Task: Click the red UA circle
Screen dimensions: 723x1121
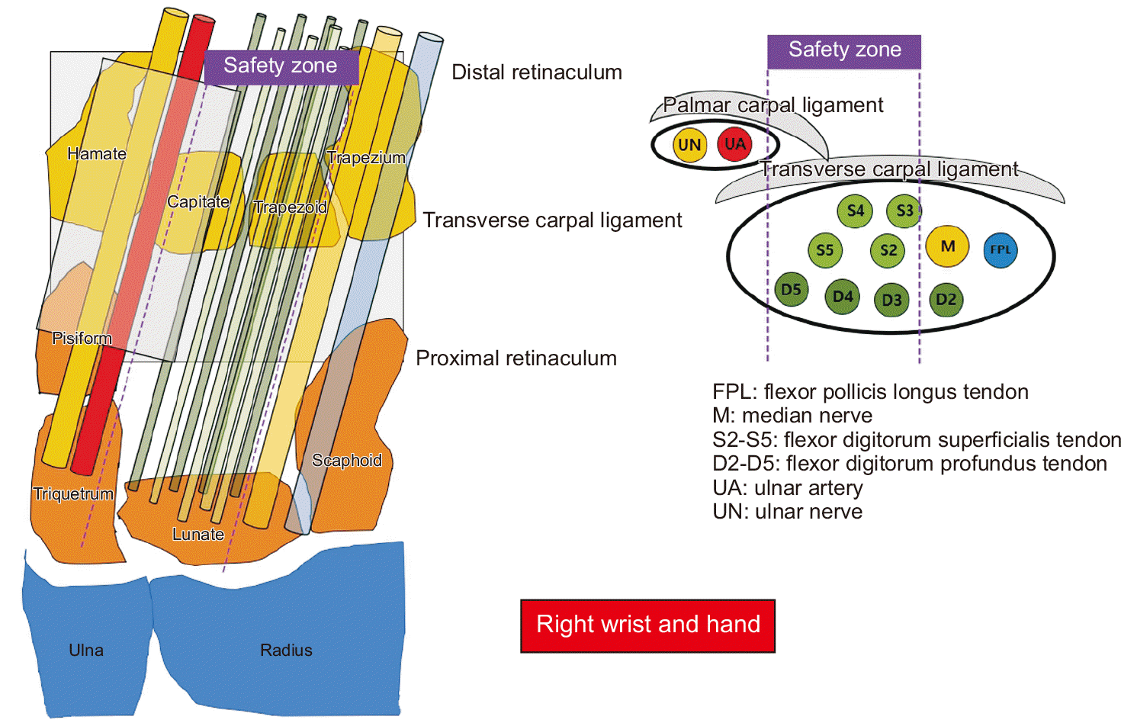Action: point(735,145)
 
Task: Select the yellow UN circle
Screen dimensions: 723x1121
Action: point(689,145)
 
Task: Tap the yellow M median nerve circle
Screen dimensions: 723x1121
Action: point(948,246)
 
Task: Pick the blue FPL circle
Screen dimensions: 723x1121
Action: point(1001,250)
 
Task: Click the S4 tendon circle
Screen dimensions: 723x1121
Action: point(856,210)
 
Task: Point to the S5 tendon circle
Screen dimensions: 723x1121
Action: point(825,250)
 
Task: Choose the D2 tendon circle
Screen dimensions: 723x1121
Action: point(946,300)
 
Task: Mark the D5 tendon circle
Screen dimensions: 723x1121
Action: point(792,290)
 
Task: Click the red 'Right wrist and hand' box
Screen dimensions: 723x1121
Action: point(648,625)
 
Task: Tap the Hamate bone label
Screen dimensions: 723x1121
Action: point(97,154)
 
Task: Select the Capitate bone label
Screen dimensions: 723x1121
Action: point(198,202)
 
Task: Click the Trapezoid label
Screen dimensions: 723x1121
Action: point(291,207)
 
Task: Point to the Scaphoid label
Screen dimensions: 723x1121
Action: point(347,461)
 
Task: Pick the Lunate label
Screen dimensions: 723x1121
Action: point(198,535)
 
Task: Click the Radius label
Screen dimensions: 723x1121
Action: point(286,651)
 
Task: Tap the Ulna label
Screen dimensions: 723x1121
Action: point(86,651)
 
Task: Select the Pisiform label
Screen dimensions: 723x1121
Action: point(82,339)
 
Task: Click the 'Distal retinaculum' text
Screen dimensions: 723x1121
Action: point(537,72)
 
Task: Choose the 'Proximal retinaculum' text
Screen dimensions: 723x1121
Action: point(516,358)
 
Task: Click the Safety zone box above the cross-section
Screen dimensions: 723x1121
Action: point(844,51)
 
